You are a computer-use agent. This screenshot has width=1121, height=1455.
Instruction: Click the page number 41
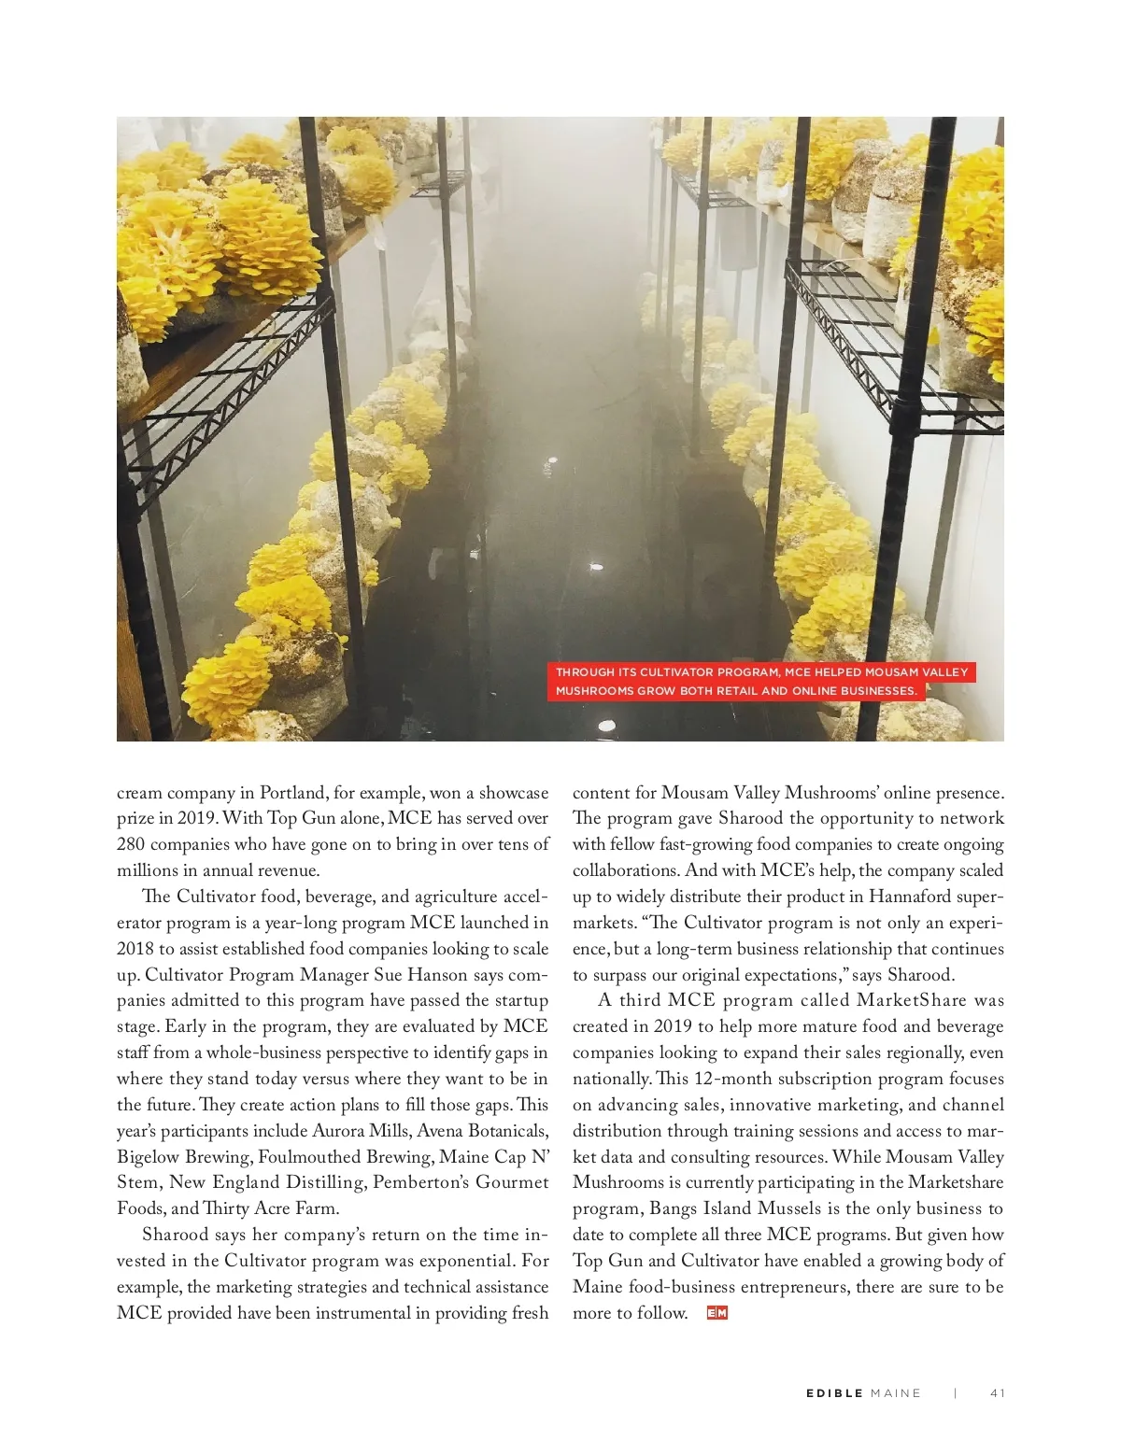(997, 1393)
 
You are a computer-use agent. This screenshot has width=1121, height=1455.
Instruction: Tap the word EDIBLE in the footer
(834, 1393)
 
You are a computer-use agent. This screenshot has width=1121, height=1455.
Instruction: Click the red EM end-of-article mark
(717, 1313)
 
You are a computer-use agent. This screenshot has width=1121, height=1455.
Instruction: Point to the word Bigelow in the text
(148, 1157)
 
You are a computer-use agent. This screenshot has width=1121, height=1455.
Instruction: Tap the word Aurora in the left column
(339, 1131)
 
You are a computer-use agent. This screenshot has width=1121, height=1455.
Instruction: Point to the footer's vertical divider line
(956, 1393)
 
